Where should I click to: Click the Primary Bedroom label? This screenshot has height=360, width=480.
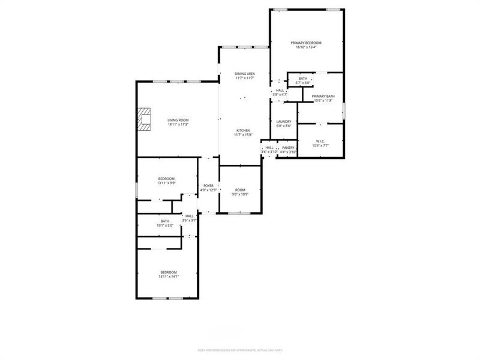click(306, 43)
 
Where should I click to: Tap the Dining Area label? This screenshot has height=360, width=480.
click(244, 73)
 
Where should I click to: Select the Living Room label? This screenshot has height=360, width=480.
click(178, 120)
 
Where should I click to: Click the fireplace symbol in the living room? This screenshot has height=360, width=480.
click(144, 119)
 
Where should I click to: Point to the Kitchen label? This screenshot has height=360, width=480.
click(242, 130)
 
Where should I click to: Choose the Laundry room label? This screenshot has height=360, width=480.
click(283, 121)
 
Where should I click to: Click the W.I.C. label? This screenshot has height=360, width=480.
click(320, 141)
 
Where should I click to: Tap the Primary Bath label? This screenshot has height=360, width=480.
click(323, 96)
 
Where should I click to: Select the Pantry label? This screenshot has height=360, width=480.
click(289, 148)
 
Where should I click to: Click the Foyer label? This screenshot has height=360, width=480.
click(208, 185)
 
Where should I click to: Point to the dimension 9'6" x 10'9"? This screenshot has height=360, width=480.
click(240, 194)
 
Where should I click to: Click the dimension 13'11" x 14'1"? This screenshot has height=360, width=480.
click(169, 277)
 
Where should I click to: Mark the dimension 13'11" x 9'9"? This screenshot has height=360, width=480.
click(166, 183)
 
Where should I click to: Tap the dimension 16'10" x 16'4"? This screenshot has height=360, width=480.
click(306, 47)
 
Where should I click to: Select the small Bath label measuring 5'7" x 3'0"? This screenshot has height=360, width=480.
click(303, 78)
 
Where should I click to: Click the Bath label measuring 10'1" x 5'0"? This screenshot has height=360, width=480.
click(164, 221)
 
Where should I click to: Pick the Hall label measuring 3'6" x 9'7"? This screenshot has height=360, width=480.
click(190, 216)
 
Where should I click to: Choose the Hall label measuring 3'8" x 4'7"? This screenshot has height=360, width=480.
click(280, 90)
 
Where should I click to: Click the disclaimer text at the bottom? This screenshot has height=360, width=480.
click(240, 350)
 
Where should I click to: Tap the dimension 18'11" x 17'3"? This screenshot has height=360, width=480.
click(178, 125)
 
